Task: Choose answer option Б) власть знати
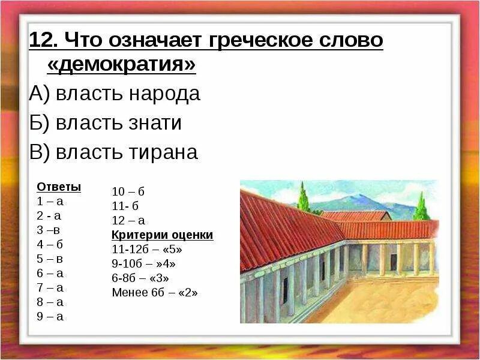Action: click(x=105, y=123)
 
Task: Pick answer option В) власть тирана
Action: click(x=113, y=152)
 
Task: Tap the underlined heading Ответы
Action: click(x=59, y=187)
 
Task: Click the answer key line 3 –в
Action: click(x=49, y=230)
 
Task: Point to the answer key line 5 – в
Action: click(x=50, y=259)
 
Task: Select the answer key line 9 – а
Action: click(x=50, y=316)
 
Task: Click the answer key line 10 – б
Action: click(x=128, y=192)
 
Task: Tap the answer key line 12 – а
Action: click(x=128, y=220)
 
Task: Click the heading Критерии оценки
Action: click(x=163, y=235)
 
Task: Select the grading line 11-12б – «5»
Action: click(x=147, y=249)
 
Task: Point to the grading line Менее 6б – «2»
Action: click(x=155, y=293)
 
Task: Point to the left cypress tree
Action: click(x=304, y=198)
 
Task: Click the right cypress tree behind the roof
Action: click(x=421, y=207)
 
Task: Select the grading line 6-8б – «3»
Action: click(x=140, y=278)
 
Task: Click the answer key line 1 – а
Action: click(x=50, y=201)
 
